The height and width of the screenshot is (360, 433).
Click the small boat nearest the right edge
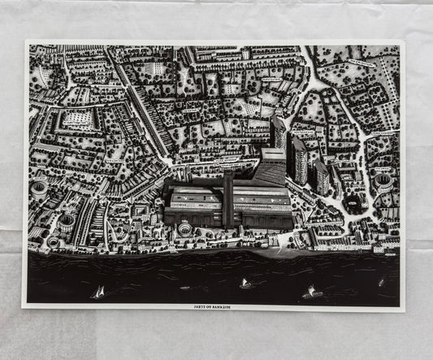pos(381,282)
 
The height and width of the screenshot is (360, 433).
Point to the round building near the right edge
pos(383,180)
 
